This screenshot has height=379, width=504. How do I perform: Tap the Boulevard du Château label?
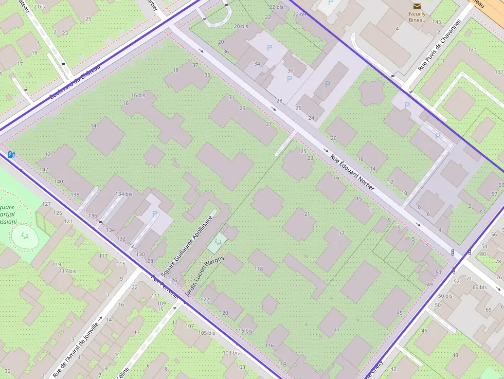[75, 81]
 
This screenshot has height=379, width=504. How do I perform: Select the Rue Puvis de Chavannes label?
[439, 45]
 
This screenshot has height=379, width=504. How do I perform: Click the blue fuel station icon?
[11, 154]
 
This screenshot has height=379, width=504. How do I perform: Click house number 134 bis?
[123, 194]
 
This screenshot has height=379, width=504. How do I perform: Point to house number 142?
[43, 169]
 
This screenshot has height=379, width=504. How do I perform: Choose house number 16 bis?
[138, 95]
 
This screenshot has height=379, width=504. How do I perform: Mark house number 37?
[195, 65]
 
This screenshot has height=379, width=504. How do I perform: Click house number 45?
[400, 313]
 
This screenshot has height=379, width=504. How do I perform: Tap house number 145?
[437, 22]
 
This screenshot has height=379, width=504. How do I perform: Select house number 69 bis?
[479, 287]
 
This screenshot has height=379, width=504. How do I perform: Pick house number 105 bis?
[206, 333]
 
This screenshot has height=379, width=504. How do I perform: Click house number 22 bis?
[276, 7]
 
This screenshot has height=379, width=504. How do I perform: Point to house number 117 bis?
[67, 270]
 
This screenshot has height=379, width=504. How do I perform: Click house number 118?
[258, 268]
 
